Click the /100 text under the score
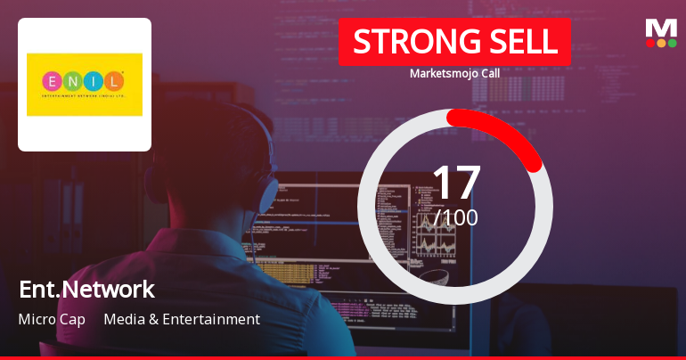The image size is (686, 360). tap(456, 217)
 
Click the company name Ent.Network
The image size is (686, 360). tap(86, 289)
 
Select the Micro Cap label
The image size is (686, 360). tap(52, 319)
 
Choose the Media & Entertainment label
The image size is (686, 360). tap(182, 319)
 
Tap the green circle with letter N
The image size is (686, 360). tap(73, 82)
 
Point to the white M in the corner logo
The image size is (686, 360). tap(661, 29)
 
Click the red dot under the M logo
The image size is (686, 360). tap(650, 43)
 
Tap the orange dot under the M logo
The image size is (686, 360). tap(661, 43)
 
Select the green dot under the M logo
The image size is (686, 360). tap(672, 43)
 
